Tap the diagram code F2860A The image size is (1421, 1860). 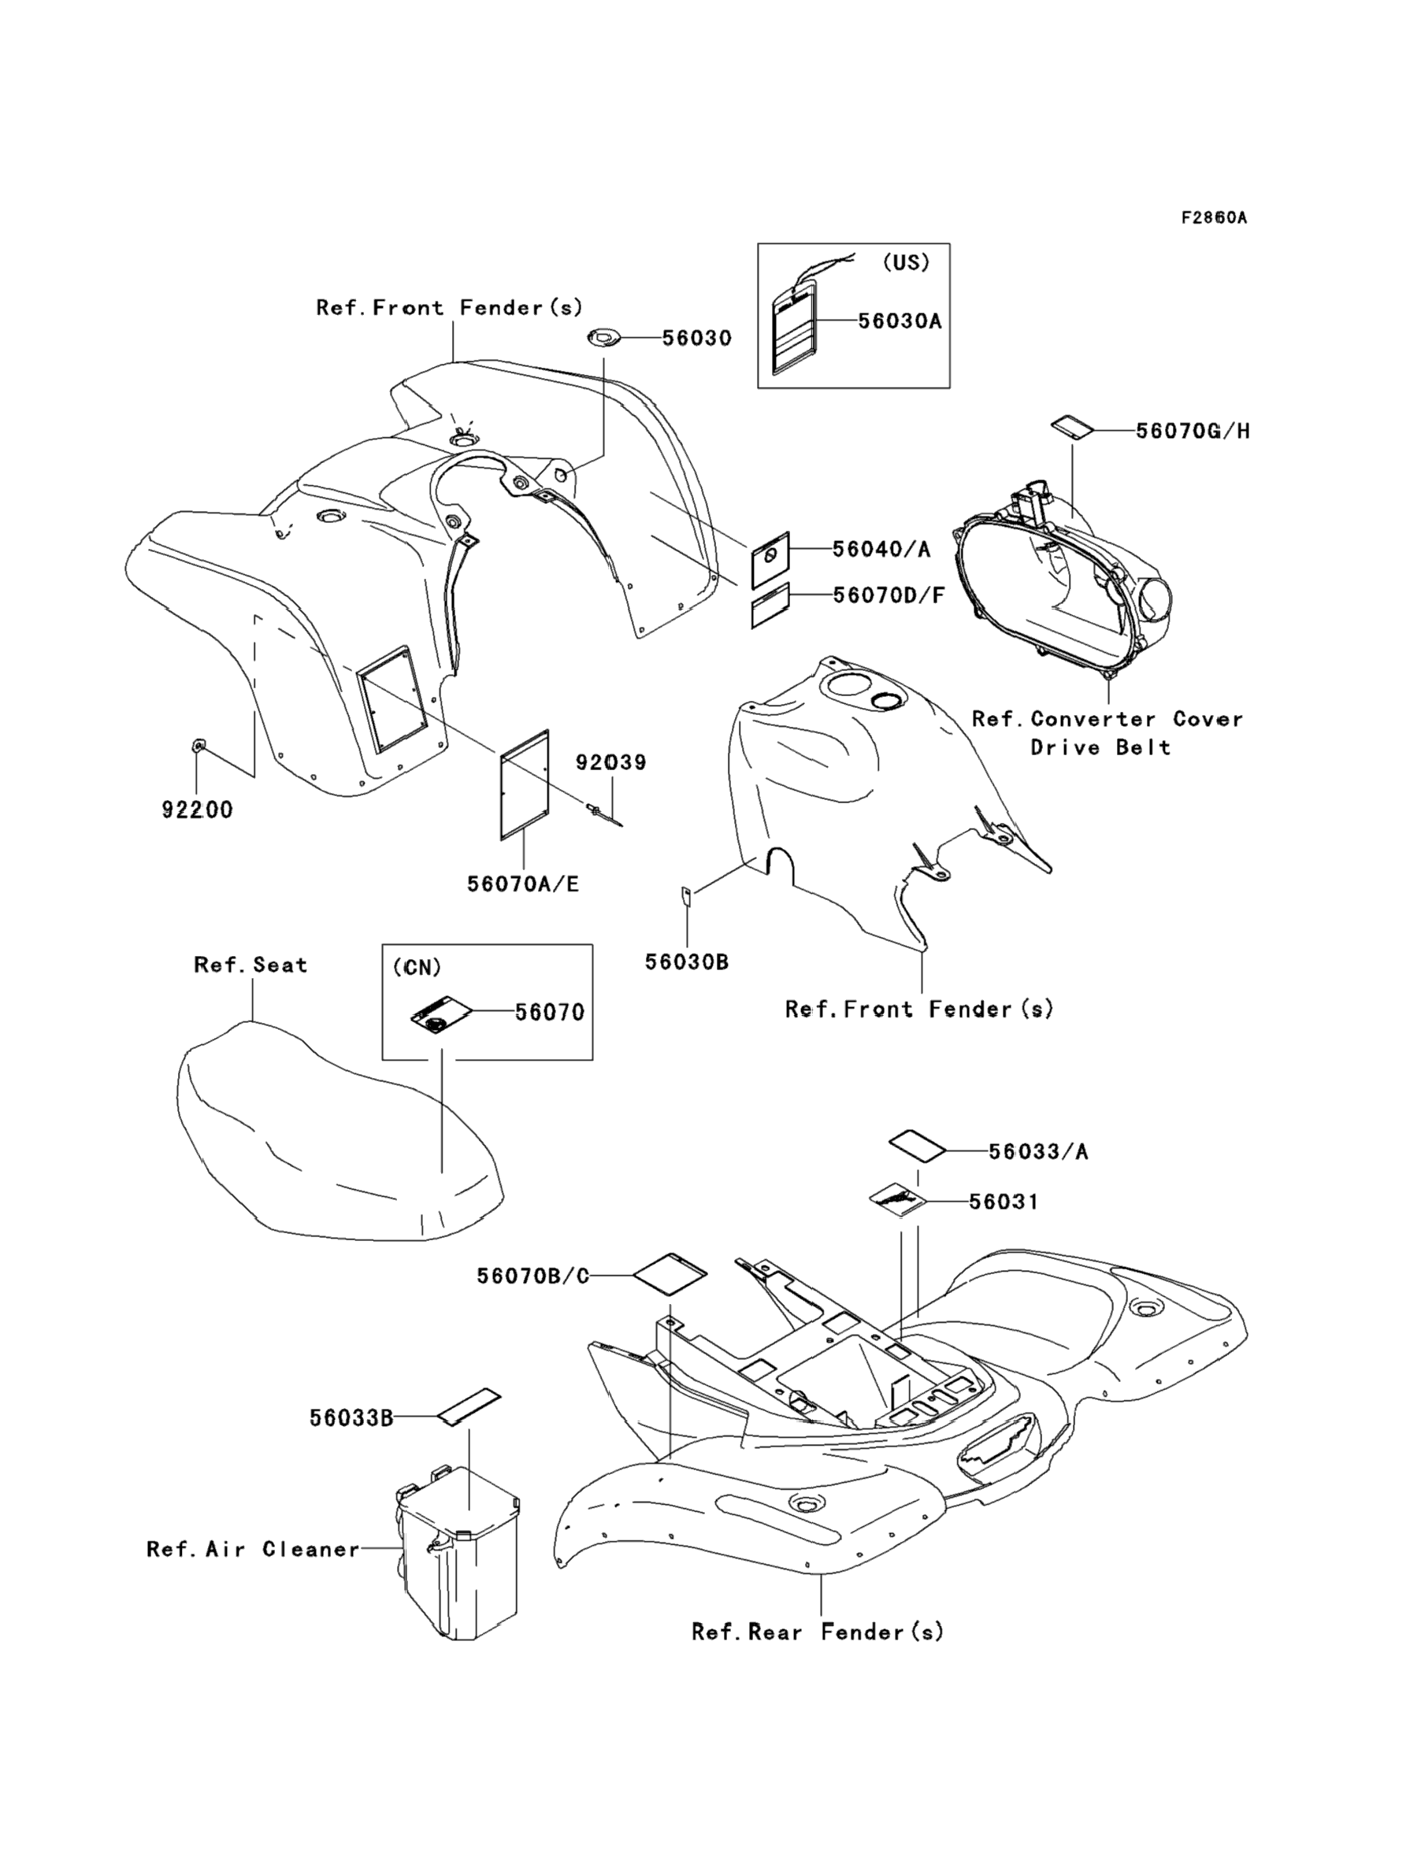(1214, 217)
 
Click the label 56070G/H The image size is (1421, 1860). (1193, 432)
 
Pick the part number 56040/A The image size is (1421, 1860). (881, 550)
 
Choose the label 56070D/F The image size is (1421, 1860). (889, 595)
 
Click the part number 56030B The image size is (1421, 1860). (687, 962)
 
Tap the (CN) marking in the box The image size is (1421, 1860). (417, 968)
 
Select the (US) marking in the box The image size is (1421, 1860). (906, 262)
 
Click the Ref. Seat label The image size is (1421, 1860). (250, 965)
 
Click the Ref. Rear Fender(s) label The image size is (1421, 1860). (817, 1631)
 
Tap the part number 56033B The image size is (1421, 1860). (351, 1417)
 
